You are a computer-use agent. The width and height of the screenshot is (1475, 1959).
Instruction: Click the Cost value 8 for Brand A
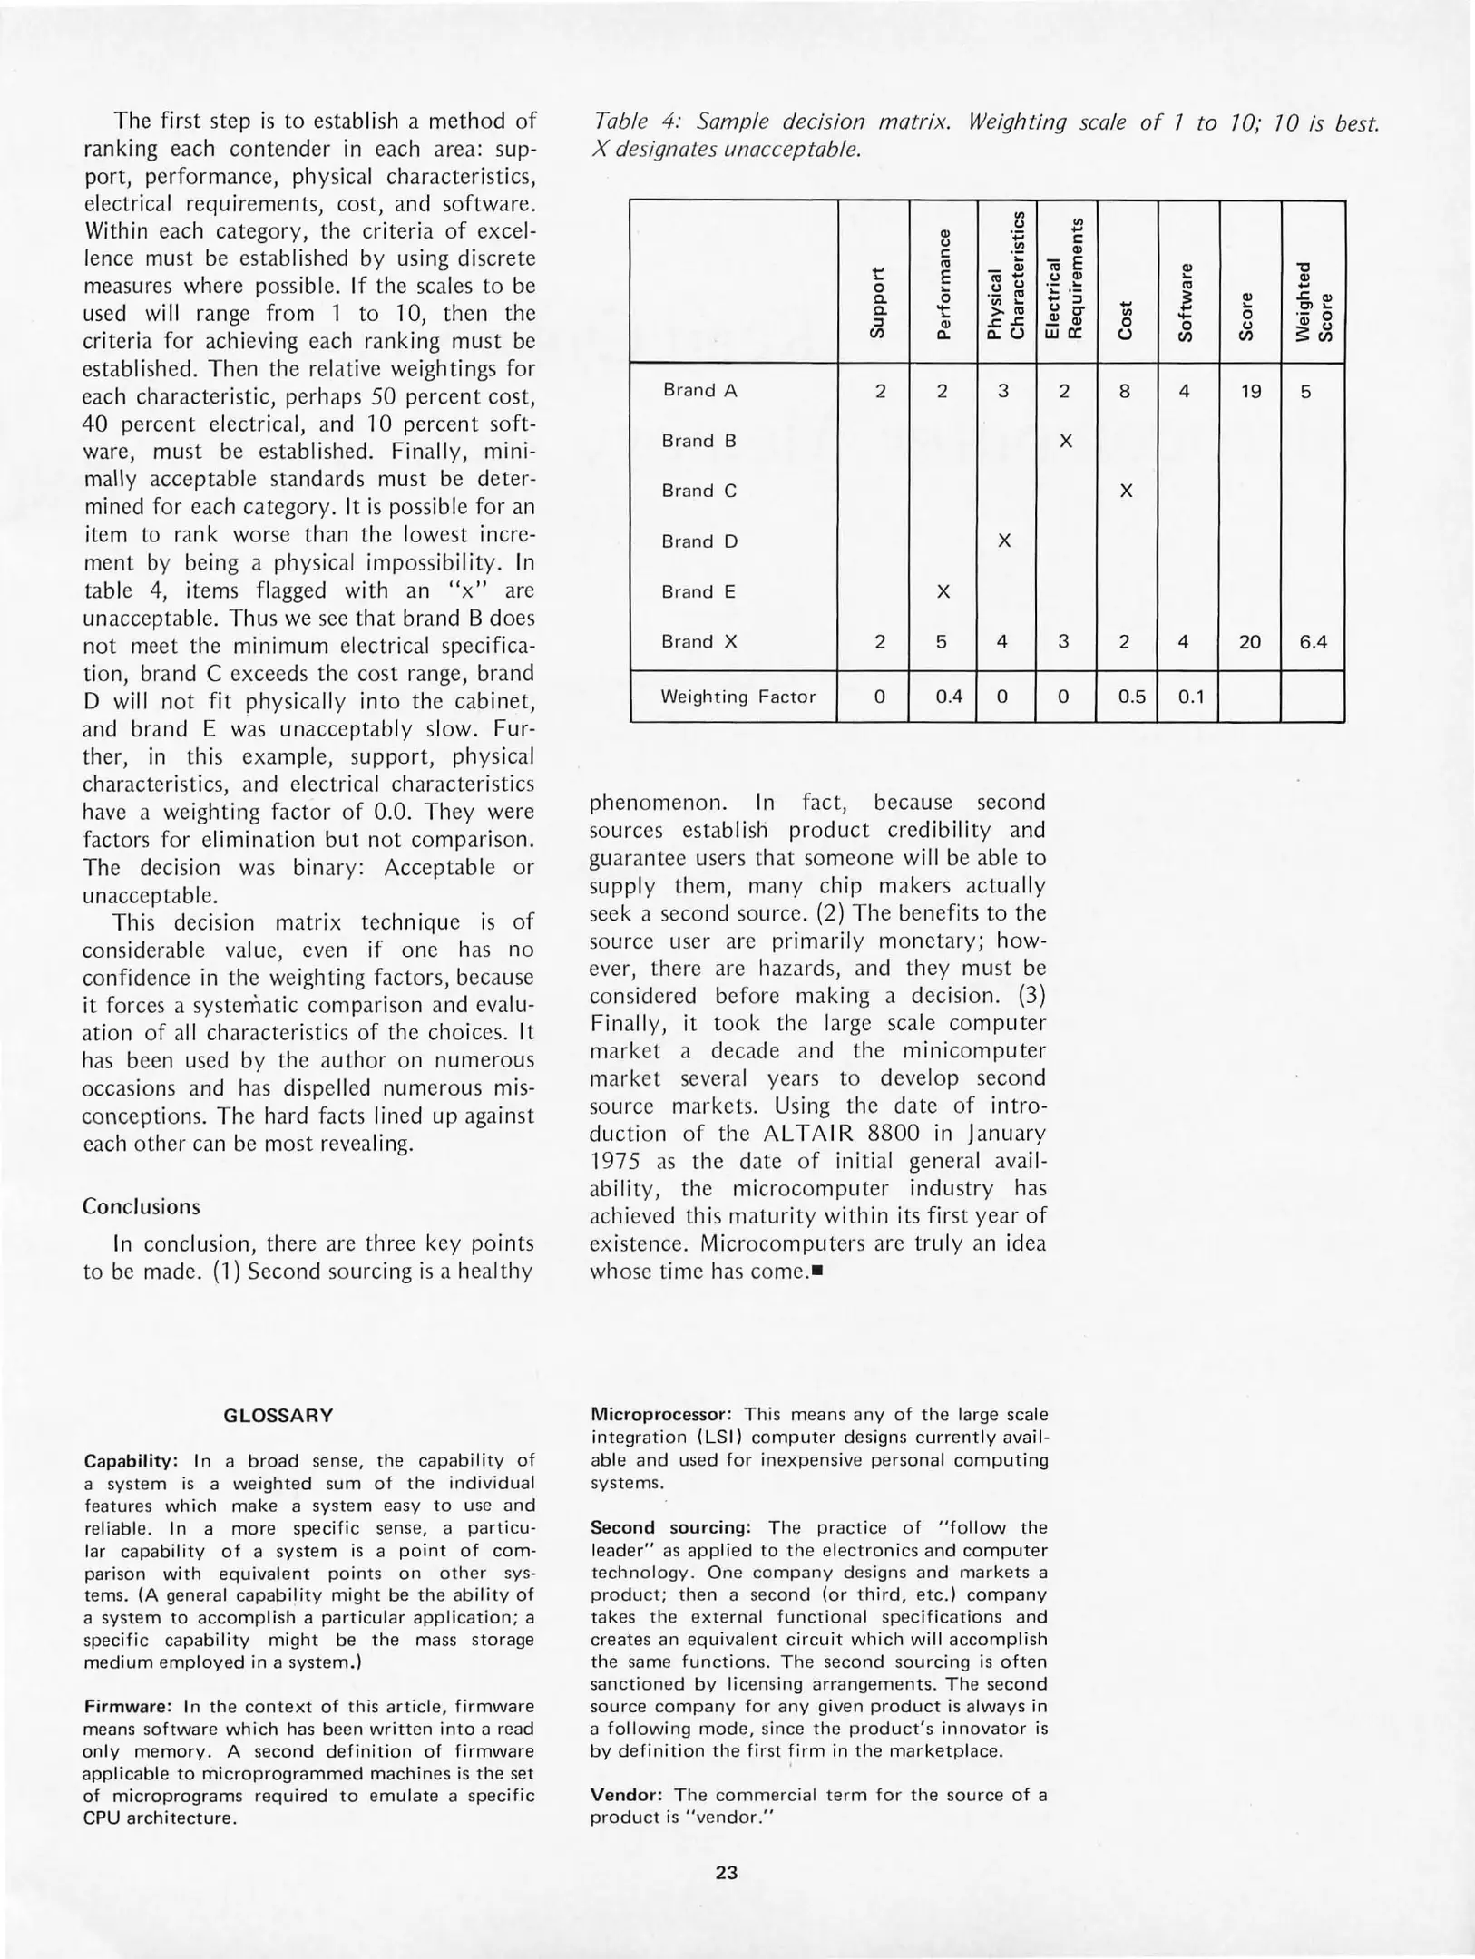tap(1125, 392)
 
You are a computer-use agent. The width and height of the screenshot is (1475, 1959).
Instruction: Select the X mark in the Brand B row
tap(1066, 442)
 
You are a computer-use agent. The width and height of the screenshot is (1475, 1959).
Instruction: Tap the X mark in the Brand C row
tap(1126, 492)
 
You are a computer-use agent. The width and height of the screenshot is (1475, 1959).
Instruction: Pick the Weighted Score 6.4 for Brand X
tap(1313, 642)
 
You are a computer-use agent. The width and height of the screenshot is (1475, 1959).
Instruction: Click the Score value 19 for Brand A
tap(1250, 392)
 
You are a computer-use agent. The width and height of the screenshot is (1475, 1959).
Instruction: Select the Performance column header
tap(943, 284)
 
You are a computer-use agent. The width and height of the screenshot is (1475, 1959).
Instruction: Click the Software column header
tap(1185, 302)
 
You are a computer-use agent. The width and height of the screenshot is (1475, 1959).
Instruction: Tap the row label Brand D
tap(699, 542)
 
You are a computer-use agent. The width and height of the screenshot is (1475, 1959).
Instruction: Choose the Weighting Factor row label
tap(737, 697)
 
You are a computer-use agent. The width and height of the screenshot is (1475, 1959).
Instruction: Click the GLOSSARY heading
tap(278, 1416)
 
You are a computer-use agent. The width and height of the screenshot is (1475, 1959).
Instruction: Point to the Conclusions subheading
tap(142, 1207)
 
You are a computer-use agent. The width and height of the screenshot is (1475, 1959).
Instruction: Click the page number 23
tap(726, 1872)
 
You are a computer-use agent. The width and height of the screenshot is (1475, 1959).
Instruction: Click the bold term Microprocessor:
tap(660, 1415)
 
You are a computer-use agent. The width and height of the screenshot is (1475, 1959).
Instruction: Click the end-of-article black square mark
tap(816, 1272)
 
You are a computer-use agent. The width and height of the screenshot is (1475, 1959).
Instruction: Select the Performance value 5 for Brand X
tap(942, 642)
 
